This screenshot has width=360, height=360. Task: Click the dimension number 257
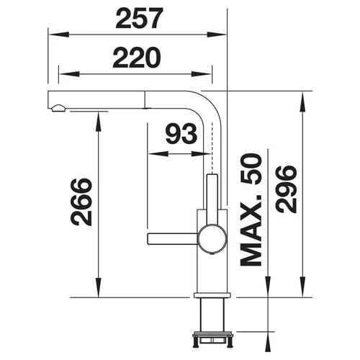pos(139,18)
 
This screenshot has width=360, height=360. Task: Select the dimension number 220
pos(137,58)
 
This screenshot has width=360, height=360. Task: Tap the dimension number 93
pos(181,133)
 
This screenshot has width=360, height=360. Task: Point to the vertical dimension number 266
pos(81,202)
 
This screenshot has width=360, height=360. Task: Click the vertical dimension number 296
pos(286,189)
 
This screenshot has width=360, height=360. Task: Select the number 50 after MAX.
pos(251,169)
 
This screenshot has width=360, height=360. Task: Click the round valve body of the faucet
pos(212,239)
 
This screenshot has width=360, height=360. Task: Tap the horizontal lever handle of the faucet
pos(173,239)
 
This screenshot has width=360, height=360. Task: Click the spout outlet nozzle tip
pos(58,108)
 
